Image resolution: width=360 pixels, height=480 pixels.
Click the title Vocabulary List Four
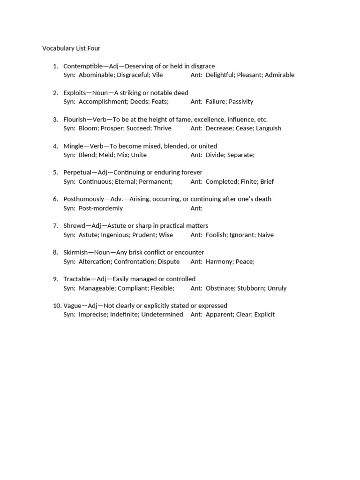[x=71, y=48]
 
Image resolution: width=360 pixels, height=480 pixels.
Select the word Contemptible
[x=82, y=66]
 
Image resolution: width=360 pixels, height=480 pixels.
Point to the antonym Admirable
[x=279, y=75]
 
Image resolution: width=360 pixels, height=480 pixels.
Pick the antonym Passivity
[x=241, y=102]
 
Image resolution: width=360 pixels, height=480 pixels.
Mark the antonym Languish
[x=269, y=128]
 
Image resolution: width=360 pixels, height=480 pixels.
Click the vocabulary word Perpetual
[x=78, y=172]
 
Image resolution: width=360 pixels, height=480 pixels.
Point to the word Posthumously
[x=84, y=199]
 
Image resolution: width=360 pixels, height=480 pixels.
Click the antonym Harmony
[x=219, y=262]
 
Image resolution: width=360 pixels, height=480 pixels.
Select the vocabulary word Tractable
[x=77, y=279]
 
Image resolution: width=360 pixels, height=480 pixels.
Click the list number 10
[x=57, y=306]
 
